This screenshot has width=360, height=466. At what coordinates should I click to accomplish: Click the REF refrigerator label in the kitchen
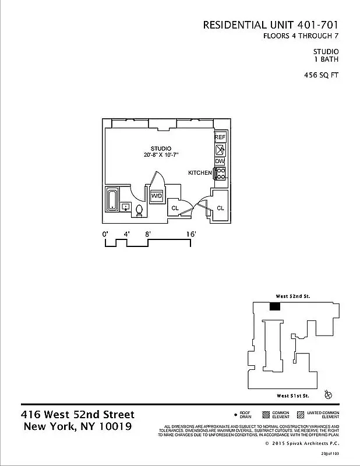pyautogui.click(x=220, y=137)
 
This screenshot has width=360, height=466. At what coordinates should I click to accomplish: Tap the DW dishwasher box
pyautogui.click(x=220, y=161)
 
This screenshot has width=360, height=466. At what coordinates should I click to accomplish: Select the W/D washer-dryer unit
pyautogui.click(x=157, y=196)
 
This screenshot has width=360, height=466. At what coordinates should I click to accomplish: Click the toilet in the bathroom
pyautogui.click(x=139, y=211)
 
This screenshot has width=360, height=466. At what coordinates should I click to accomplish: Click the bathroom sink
pyautogui.click(x=126, y=207)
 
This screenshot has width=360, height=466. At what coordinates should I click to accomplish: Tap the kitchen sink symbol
pyautogui.click(x=220, y=149)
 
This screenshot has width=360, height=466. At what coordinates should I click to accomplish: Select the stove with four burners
pyautogui.click(x=221, y=173)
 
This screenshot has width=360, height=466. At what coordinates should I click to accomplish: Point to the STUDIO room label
pyautogui.click(x=160, y=149)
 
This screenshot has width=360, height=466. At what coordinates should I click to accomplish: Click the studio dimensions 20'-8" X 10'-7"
pyautogui.click(x=160, y=156)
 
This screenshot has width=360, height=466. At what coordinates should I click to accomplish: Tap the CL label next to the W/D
pyautogui.click(x=175, y=208)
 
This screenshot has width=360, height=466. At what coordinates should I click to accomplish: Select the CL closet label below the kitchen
pyautogui.click(x=220, y=208)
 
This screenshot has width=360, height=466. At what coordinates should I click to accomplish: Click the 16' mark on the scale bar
pyautogui.click(x=191, y=234)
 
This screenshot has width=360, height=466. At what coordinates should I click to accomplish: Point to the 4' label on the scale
pyautogui.click(x=126, y=234)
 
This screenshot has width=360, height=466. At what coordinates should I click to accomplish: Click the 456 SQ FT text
pyautogui.click(x=321, y=75)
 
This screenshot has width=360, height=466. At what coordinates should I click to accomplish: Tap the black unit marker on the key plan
pyautogui.click(x=276, y=306)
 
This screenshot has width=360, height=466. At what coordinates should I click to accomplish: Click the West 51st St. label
pyautogui.click(x=293, y=396)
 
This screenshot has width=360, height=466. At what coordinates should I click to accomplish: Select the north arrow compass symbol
pyautogui.click(x=329, y=395)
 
